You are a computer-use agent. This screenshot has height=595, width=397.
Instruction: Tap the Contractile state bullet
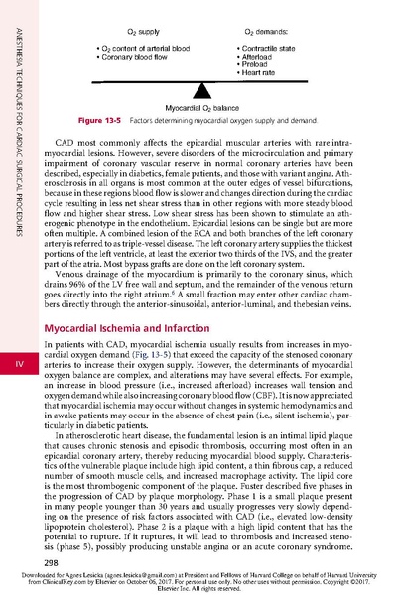point(271,47)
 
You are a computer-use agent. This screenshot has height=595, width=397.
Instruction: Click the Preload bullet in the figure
point(257,64)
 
